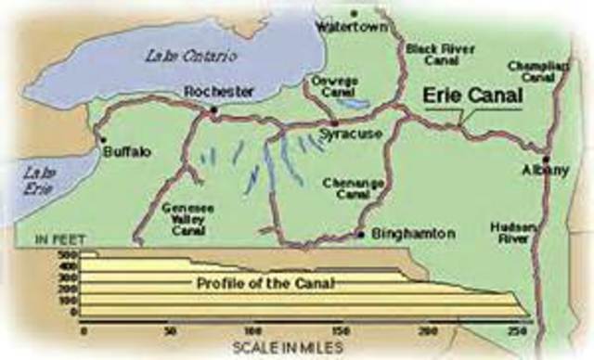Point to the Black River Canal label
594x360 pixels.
click(434, 54)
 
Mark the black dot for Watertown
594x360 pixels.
click(354, 13)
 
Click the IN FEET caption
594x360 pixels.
click(61, 240)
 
